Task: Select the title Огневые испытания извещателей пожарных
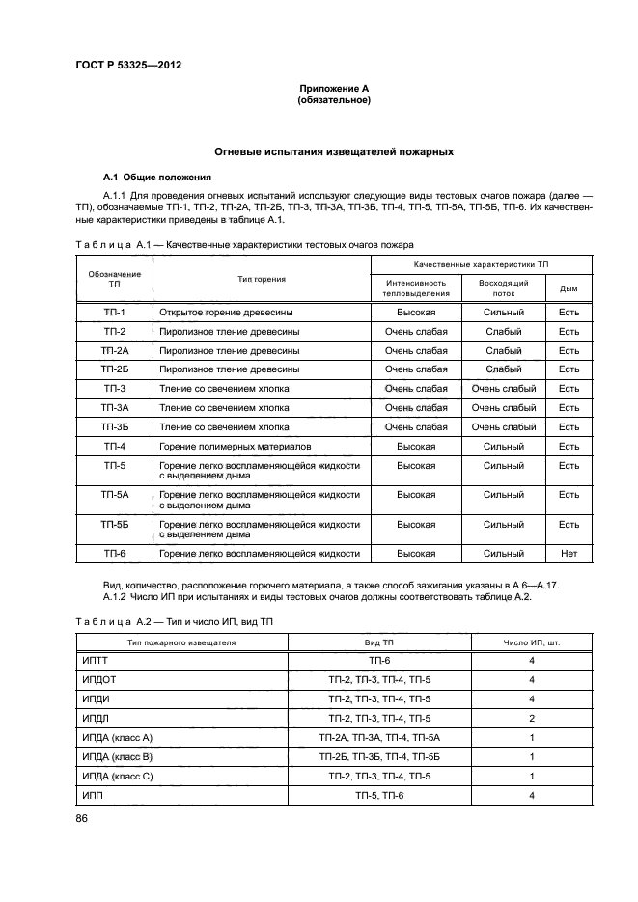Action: click(x=334, y=152)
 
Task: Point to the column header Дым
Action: click(x=569, y=287)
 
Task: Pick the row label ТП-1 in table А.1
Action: click(x=115, y=313)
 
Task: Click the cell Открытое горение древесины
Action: click(x=227, y=313)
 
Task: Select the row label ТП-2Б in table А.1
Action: click(x=115, y=369)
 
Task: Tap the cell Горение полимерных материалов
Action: click(x=236, y=447)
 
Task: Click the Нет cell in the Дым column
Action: click(x=569, y=554)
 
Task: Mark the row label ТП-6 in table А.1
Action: click(x=115, y=554)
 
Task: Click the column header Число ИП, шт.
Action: click(x=532, y=642)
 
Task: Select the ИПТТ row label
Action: click(x=98, y=661)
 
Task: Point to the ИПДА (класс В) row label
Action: click(x=119, y=757)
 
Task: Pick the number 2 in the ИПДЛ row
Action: click(x=532, y=719)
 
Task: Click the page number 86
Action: click(x=81, y=819)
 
